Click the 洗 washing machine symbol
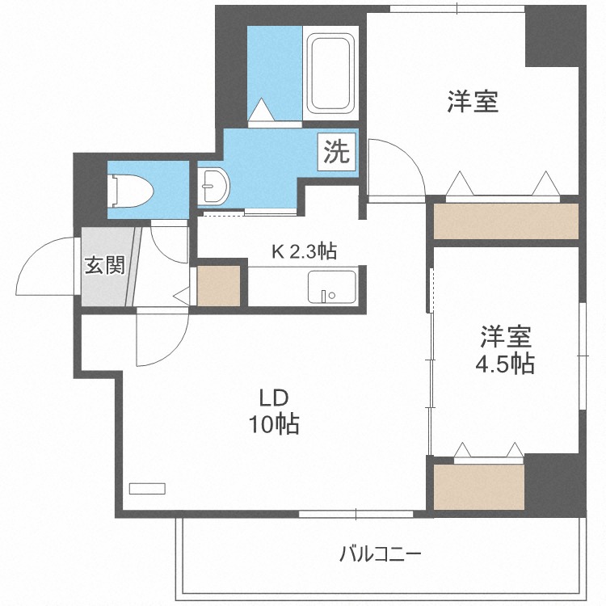[x=337, y=151]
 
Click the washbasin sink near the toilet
[x=214, y=187]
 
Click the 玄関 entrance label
[x=105, y=264]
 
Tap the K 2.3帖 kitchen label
[x=303, y=251]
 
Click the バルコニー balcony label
[x=380, y=555]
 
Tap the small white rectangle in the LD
[x=147, y=488]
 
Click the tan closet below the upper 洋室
[x=506, y=221]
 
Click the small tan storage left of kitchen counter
[x=219, y=285]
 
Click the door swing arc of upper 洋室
[x=396, y=166]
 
